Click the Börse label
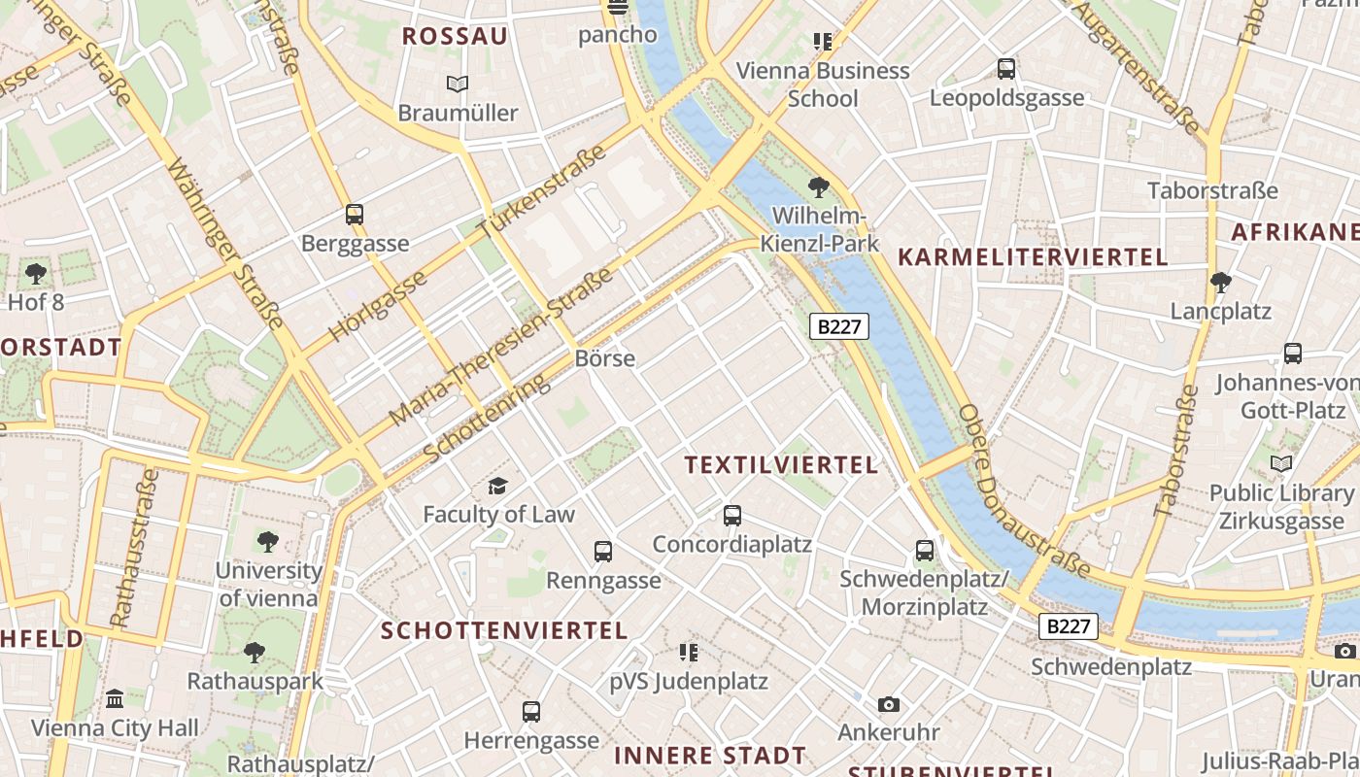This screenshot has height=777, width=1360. (604, 358)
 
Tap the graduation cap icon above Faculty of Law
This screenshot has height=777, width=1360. (498, 486)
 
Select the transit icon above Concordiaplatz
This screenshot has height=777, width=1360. (732, 516)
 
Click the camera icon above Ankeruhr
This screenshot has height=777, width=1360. (888, 704)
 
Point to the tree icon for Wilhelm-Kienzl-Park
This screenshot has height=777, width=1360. (819, 187)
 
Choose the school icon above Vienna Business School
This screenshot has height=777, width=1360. (823, 42)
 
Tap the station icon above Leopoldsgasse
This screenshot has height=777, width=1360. (1006, 69)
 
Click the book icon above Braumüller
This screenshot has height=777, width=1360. (457, 84)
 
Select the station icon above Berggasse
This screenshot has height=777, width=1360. (355, 215)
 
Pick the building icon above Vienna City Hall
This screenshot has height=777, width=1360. (115, 698)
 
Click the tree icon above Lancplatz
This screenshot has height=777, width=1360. (1220, 284)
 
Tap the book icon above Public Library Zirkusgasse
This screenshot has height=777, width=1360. (1281, 463)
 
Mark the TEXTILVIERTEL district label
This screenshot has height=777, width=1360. (781, 465)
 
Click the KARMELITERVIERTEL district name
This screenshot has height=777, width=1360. (1032, 257)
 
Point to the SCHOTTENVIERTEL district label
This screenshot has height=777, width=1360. (504, 630)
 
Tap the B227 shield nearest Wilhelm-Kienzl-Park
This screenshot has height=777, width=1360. (838, 326)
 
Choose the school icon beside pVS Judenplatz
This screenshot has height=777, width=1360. (689, 652)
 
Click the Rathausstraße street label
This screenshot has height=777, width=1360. (135, 549)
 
